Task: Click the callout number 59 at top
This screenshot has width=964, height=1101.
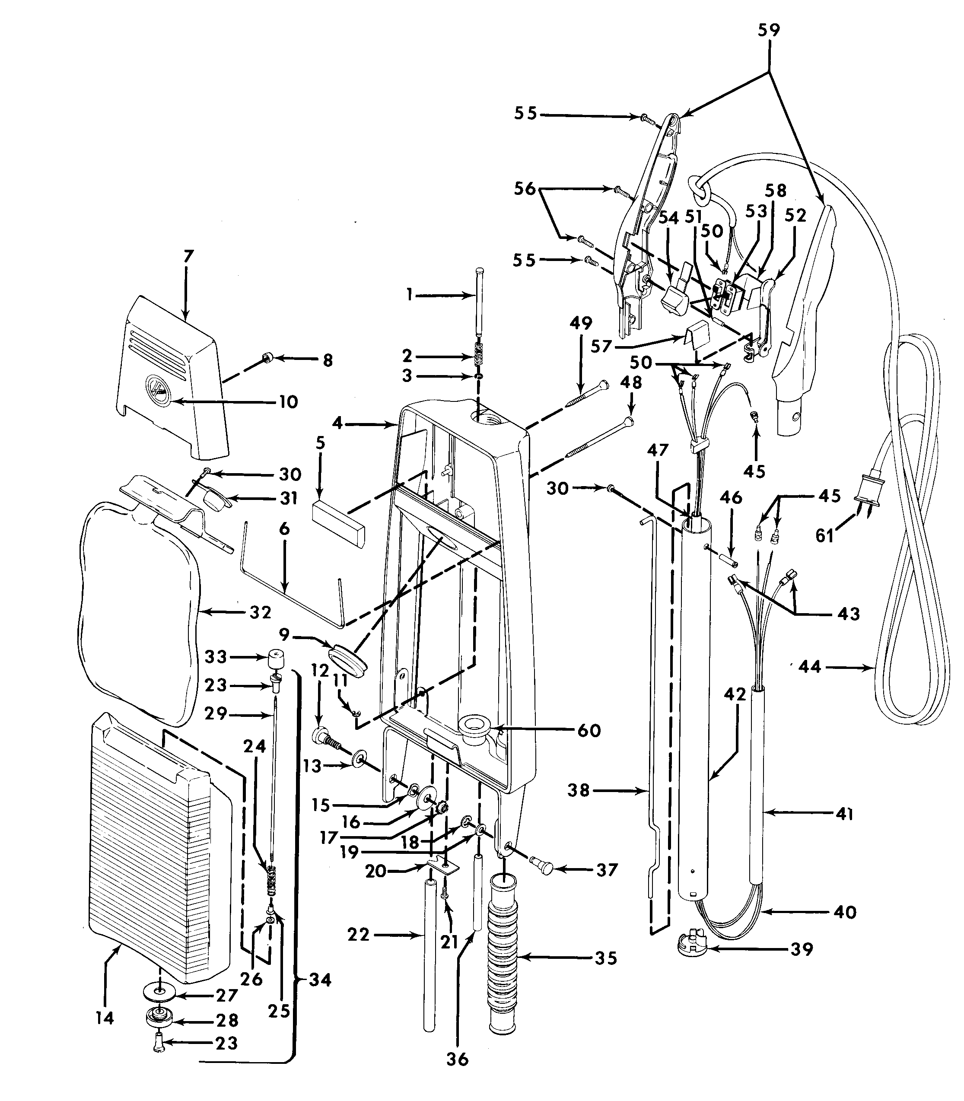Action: (x=769, y=30)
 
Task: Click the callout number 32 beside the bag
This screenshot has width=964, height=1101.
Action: (x=261, y=612)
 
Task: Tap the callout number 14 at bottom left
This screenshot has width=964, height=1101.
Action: (x=105, y=1018)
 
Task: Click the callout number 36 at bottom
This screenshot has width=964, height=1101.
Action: (x=458, y=1059)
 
